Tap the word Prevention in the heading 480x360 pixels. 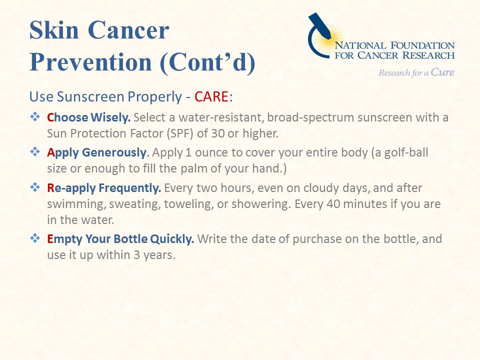[x=90, y=62]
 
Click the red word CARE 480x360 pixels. [x=211, y=96]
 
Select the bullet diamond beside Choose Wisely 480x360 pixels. [x=35, y=116]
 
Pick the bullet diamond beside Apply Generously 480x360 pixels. [x=35, y=151]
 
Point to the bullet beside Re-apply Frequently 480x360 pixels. [x=35, y=187]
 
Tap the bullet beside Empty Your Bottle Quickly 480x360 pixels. [x=35, y=238]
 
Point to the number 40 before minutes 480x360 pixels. [x=333, y=204]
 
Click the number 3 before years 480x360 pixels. [x=136, y=255]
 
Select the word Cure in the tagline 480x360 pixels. [x=442, y=72]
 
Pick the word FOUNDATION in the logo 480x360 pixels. [x=422, y=45]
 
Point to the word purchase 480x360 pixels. [x=317, y=239]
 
